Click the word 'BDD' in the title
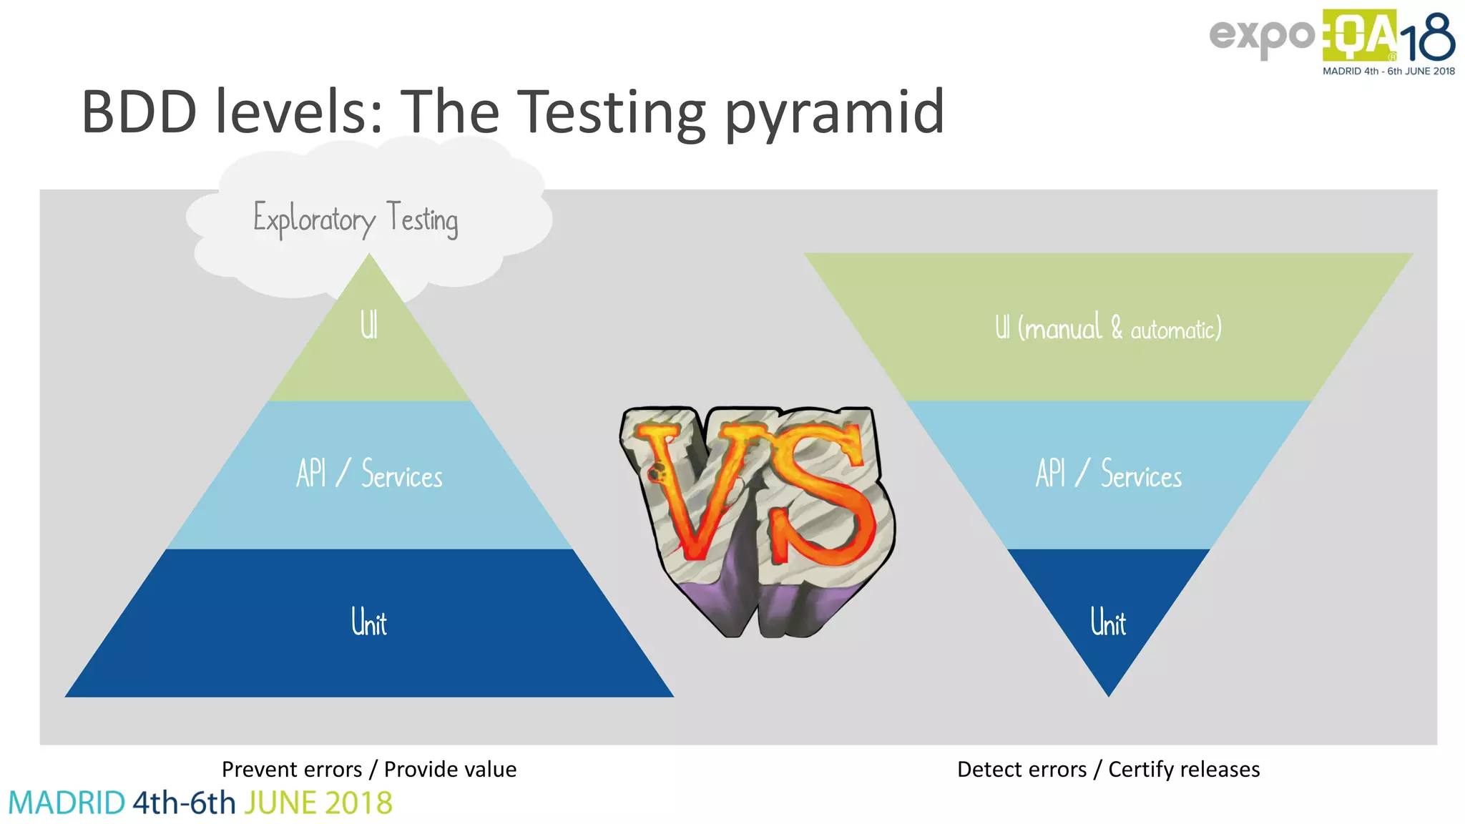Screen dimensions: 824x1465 pyautogui.click(x=139, y=112)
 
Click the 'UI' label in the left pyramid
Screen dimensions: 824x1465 pyautogui.click(x=368, y=325)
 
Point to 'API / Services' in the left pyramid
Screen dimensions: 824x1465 pyautogui.click(x=369, y=474)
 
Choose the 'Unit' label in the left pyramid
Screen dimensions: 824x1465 pyautogui.click(x=369, y=622)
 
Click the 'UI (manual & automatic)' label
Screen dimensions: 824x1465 pyautogui.click(x=1108, y=328)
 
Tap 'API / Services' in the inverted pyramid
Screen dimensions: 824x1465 pyautogui.click(x=1108, y=474)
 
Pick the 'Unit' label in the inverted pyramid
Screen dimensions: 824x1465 pyautogui.click(x=1108, y=622)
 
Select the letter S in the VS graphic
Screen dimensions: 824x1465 pyautogui.click(x=823, y=494)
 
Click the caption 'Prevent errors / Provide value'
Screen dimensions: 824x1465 pyautogui.click(x=369, y=769)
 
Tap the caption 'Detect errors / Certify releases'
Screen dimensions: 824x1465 pyautogui.click(x=1108, y=769)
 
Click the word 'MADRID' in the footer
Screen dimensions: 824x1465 pyautogui.click(x=67, y=803)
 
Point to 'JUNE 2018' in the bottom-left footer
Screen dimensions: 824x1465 pyautogui.click(x=318, y=803)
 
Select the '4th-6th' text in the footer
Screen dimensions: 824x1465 pyautogui.click(x=184, y=803)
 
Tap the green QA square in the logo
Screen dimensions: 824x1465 pyautogui.click(x=1359, y=36)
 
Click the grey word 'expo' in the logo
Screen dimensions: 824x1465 pyautogui.click(x=1262, y=36)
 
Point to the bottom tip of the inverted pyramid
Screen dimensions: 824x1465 pyautogui.click(x=1108, y=692)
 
